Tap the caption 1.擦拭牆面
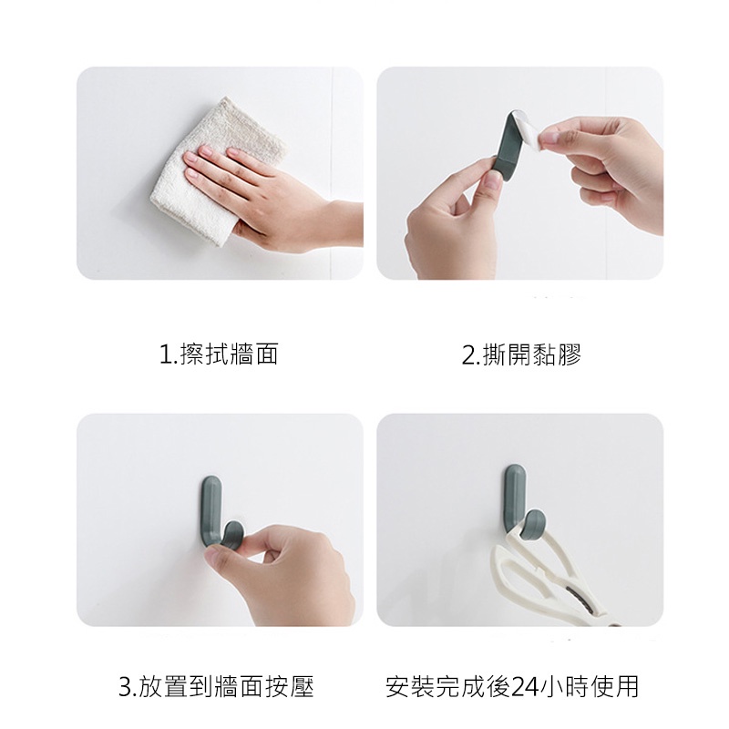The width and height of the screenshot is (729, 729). (219, 354)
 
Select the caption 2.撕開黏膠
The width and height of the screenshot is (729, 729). (521, 354)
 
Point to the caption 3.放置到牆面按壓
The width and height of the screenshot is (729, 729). (216, 687)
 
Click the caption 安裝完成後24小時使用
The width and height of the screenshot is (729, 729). (512, 687)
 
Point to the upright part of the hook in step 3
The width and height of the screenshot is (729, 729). (212, 510)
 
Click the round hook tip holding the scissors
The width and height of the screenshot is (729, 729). (534, 525)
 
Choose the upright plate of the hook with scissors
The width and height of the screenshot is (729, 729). (514, 501)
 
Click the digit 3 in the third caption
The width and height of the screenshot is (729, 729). (126, 688)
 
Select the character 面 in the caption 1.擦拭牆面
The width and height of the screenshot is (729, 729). (266, 354)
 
